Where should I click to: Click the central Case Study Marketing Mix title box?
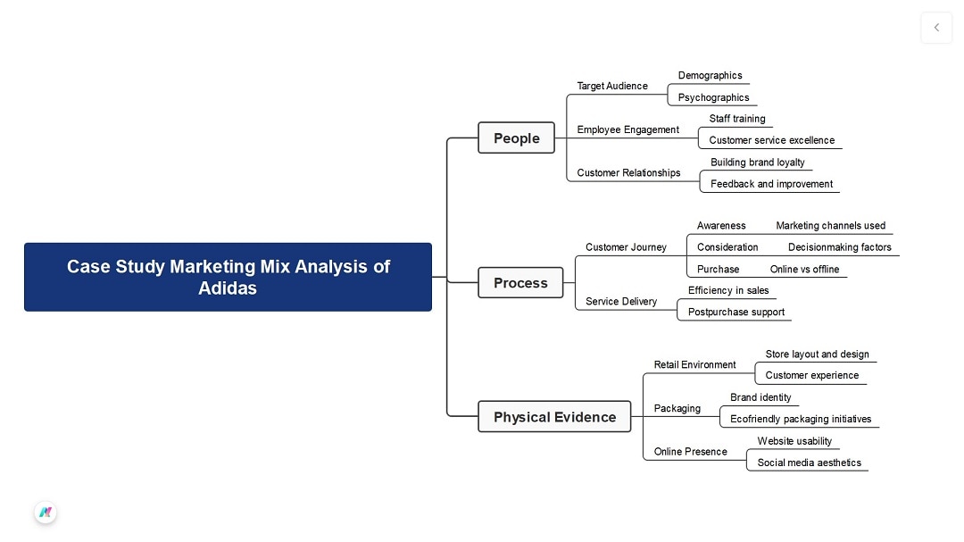(228, 277)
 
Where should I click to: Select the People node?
(516, 138)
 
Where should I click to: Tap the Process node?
(520, 283)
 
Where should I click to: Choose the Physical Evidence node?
(554, 417)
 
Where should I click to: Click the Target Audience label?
(612, 86)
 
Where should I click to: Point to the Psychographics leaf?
(713, 97)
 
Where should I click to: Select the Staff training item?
(737, 119)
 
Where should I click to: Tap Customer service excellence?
(771, 140)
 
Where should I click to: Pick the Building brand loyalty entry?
(757, 163)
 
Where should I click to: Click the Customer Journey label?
(626, 247)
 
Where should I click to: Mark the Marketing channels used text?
(830, 226)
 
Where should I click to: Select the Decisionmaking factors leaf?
(839, 247)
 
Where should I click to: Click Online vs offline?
(804, 270)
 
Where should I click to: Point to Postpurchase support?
(735, 313)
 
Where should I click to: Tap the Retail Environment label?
(694, 365)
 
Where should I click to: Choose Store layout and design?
(817, 354)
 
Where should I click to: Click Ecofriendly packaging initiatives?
(801, 419)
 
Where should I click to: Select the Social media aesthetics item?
(809, 463)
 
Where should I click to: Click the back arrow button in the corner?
(936, 28)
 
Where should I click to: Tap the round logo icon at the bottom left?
(46, 513)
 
